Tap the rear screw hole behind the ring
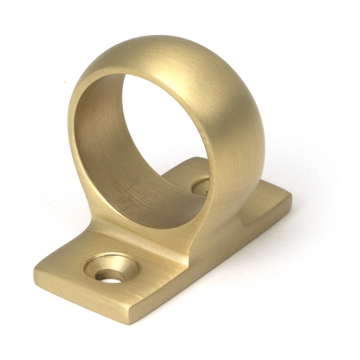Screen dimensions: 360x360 (200, 185)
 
